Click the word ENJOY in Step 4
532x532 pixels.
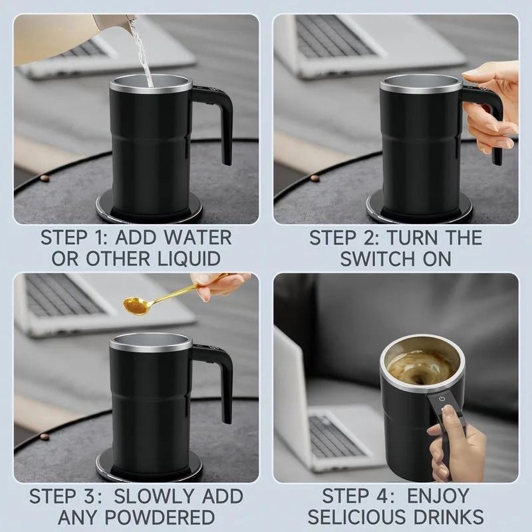tap(440, 496)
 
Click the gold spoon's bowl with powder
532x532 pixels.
tap(136, 305)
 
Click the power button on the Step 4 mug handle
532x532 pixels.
tap(442, 399)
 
